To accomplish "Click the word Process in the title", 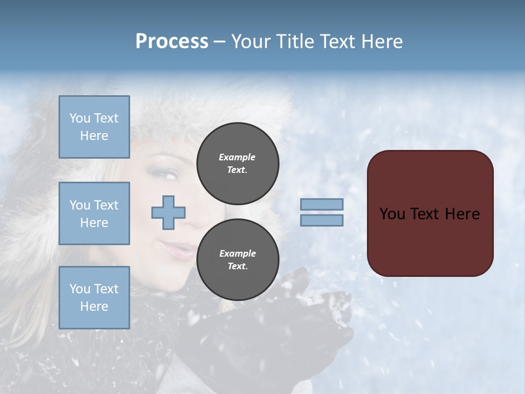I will tap(172, 42).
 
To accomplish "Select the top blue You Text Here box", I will tap(94, 127).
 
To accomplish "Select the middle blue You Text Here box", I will tap(94, 213).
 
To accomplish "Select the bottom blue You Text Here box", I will tap(94, 298).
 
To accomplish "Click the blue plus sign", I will tap(168, 212).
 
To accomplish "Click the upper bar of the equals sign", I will tap(322, 204).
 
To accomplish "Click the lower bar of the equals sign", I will tap(322, 220).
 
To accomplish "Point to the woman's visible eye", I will tap(168, 175).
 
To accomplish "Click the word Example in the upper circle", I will tap(237, 157).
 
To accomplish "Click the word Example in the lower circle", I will tap(237, 253).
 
